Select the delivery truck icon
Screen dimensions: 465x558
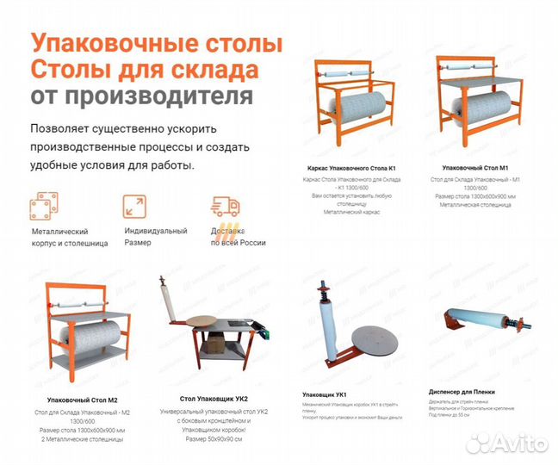pyautogui.click(x=224, y=208)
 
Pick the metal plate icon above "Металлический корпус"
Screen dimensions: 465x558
pyautogui.click(x=43, y=208)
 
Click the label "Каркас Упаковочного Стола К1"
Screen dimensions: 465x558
pyautogui.click(x=351, y=167)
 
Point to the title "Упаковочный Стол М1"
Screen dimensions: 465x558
pyautogui.click(x=475, y=167)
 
